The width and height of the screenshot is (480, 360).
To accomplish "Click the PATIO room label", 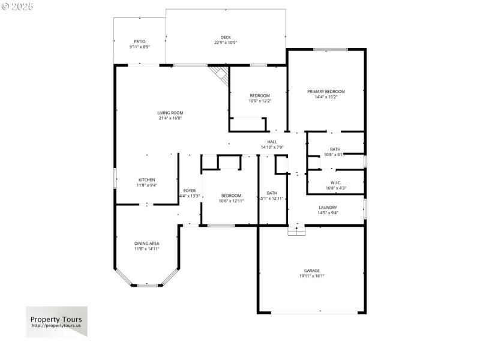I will (140, 41).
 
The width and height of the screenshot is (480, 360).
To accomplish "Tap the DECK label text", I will (226, 37).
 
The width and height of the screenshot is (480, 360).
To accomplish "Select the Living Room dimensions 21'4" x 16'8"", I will (170, 118).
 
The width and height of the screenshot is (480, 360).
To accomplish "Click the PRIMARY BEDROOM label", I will (326, 91).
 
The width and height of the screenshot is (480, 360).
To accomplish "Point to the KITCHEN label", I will (147, 180).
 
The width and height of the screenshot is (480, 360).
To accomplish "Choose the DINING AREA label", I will (146, 243).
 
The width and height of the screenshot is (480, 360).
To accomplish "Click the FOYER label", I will (190, 190).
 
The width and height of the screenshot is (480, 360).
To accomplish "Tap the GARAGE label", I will (311, 271).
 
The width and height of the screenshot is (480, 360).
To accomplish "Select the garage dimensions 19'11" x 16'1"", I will (311, 276).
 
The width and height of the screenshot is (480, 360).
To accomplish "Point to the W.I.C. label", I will (335, 183).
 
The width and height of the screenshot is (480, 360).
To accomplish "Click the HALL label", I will (272, 142).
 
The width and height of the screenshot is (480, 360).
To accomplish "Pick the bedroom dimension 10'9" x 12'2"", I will (260, 101).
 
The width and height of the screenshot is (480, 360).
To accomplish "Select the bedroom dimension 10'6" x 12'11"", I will (231, 200).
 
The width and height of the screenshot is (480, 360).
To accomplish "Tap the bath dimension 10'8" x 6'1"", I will (335, 154).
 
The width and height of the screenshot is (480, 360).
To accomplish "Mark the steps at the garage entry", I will (296, 230).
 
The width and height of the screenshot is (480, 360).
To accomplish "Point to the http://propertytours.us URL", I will (56, 326).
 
